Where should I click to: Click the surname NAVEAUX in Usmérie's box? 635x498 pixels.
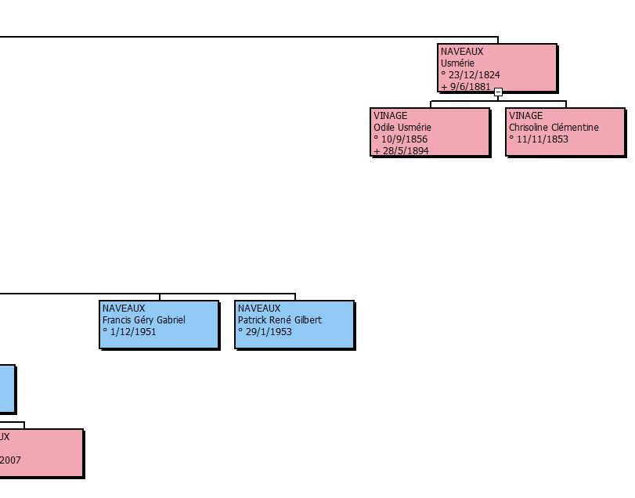pos(462,52)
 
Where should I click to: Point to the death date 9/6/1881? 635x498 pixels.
pos(470,87)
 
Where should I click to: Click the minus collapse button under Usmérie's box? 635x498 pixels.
pos(498,92)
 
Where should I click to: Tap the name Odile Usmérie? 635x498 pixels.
pos(402,128)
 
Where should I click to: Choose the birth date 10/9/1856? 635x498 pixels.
pos(404,139)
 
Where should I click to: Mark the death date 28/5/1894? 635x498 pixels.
pos(404,150)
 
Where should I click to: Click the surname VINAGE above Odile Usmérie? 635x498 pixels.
pos(391,116)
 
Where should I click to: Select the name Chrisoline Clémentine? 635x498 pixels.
pos(554,128)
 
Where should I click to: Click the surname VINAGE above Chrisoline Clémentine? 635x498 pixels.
pos(526,116)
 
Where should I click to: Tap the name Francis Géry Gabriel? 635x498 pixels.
pos(144,320)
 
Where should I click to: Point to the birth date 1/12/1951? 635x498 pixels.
pos(132,332)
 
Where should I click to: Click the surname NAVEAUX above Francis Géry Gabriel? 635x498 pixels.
pos(124,309)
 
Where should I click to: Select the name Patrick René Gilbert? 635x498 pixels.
pos(280,320)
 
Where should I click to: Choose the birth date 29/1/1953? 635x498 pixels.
pos(268,332)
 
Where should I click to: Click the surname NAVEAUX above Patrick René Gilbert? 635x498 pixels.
pos(259,309)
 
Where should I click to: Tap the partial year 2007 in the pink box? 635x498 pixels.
pos(10,460)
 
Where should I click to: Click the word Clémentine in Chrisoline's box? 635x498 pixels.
pos(575,128)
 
